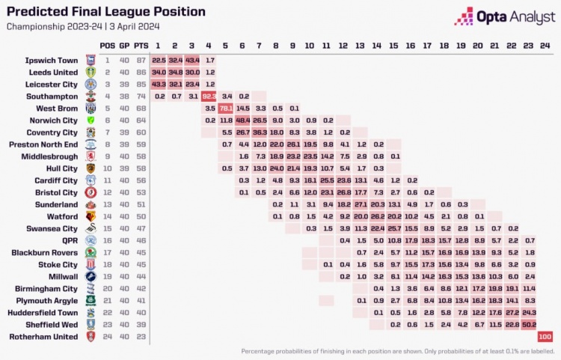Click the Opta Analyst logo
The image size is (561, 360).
click(502, 16)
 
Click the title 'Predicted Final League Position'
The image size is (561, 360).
click(106, 12)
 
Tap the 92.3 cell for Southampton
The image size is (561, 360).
click(209, 96)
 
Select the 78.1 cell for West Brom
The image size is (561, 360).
click(226, 108)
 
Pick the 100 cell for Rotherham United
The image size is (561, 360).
click(545, 337)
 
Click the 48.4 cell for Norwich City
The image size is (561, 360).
click(242, 120)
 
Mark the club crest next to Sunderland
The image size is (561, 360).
click(91, 204)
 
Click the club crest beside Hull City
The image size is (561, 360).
click(91, 168)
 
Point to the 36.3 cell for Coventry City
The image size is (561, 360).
click(260, 132)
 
